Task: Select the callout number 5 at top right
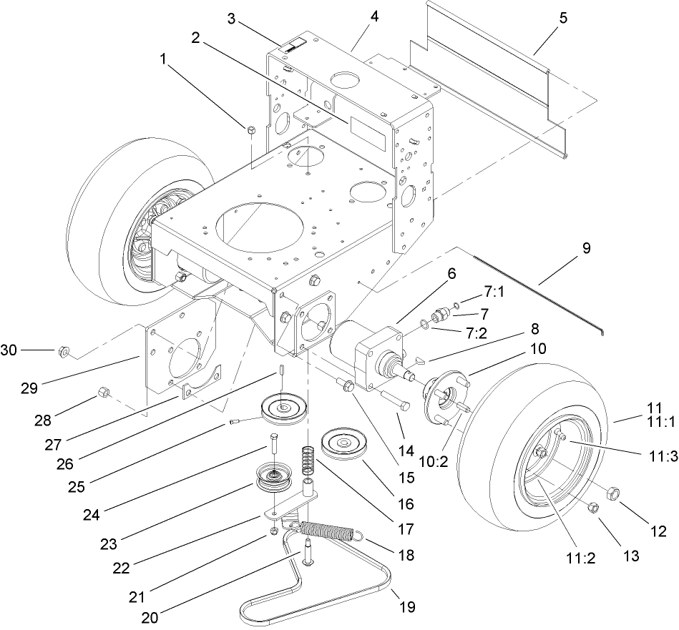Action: point(563,19)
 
